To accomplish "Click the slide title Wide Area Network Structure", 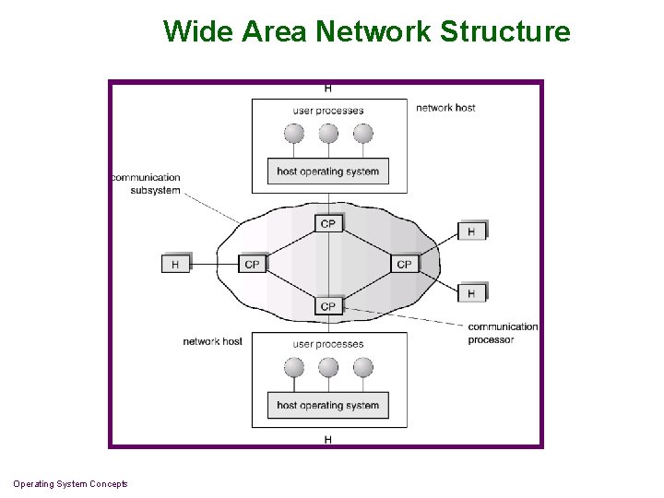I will point(366,31).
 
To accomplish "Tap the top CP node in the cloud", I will point(328,224).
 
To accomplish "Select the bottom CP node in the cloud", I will point(328,305).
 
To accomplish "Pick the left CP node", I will point(252,264).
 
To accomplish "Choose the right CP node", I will point(404,264).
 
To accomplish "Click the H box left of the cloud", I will point(175,264).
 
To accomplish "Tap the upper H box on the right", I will point(471,231).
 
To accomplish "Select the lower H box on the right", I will point(471,293).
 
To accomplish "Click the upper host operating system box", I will point(327,172).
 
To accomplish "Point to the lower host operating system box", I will point(327,405).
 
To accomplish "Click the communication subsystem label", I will point(146,184).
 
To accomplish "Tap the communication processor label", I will point(502,333).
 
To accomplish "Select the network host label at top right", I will point(445,108).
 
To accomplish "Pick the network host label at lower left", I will point(212,341).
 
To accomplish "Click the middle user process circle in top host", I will point(328,134).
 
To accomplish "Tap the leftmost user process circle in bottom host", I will point(293,368).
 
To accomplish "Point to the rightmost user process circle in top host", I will point(363,134).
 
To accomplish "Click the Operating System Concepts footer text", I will point(71,484).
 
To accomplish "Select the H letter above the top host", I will point(328,89).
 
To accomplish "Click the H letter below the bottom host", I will point(328,440).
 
